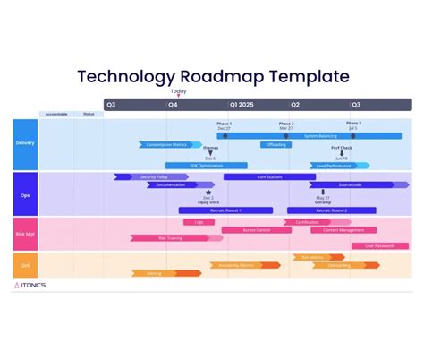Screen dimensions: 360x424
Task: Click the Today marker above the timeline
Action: click(179, 91)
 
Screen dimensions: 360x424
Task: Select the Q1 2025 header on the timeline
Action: click(242, 105)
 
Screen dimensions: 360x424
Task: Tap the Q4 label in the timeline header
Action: click(173, 105)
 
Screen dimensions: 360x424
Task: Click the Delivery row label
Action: click(25, 143)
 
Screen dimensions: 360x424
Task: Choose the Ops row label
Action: click(25, 193)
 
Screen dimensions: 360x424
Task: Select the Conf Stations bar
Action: click(268, 176)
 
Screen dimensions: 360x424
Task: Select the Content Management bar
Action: click(343, 230)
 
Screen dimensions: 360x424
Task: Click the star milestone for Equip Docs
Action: click(208, 192)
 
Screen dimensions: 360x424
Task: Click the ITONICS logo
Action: click(31, 286)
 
